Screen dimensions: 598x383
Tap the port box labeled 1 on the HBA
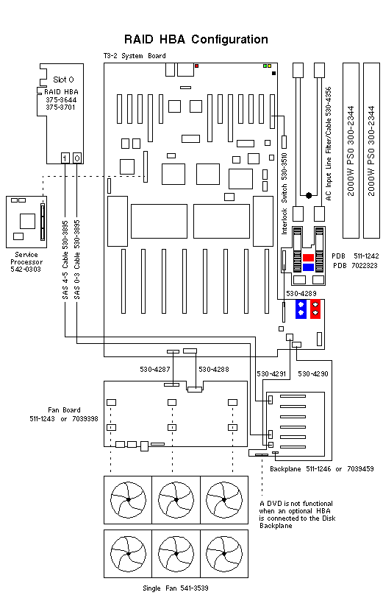pos(65,158)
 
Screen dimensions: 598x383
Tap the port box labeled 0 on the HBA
pos(77,158)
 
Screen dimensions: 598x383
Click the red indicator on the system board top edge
pos(197,66)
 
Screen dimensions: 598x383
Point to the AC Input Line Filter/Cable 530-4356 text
pos(329,144)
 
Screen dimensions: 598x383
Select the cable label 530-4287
pos(156,369)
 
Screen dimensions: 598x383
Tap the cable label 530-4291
pos(272,374)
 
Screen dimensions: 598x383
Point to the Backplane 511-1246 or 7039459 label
pos(321,468)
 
